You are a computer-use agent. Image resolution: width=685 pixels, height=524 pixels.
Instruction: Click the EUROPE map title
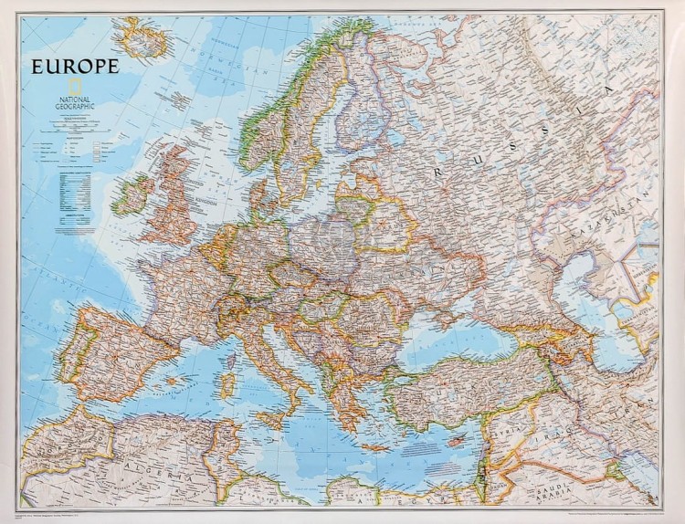pos(75,66)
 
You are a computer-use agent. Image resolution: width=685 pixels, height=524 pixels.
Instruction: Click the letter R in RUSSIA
pos(441,170)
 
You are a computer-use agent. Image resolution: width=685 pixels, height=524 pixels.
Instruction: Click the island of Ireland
pos(132,195)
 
